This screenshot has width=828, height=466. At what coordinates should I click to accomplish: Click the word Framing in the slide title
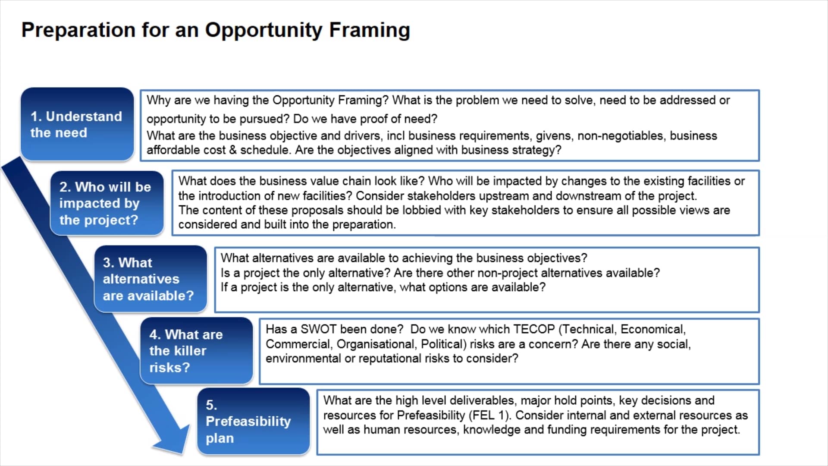pyautogui.click(x=369, y=30)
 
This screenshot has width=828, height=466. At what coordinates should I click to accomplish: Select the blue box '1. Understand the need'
pyautogui.click(x=77, y=124)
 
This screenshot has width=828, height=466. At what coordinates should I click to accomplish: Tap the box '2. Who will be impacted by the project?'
pyautogui.click(x=107, y=203)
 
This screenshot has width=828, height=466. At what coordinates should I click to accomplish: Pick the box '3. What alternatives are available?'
pyautogui.click(x=150, y=279)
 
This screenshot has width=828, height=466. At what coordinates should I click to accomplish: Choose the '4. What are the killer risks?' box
pyautogui.click(x=196, y=351)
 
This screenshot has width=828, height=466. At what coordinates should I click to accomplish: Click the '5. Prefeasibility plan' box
pyautogui.click(x=253, y=422)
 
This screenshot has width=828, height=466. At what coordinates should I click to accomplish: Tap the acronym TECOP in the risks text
pyautogui.click(x=534, y=329)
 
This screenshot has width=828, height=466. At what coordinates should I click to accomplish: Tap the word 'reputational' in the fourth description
pyautogui.click(x=390, y=359)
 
